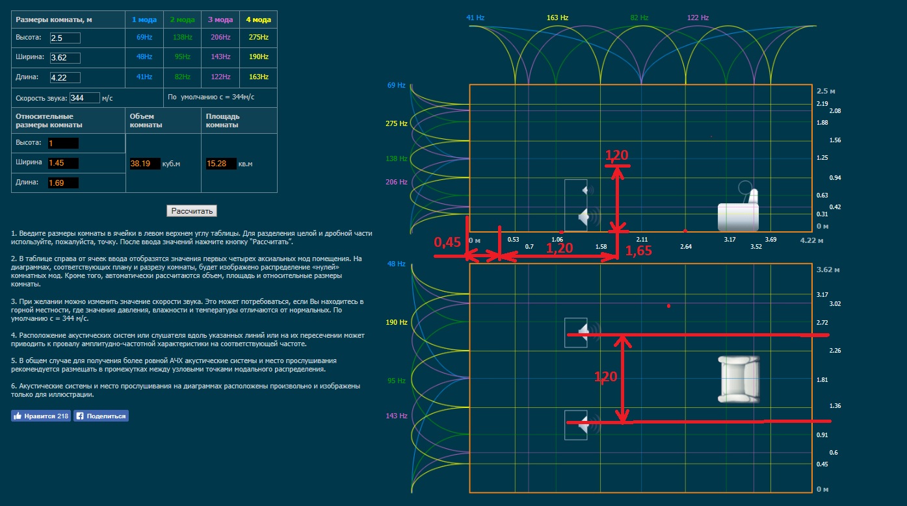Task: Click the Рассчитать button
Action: [x=191, y=211]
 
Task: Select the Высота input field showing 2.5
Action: [x=64, y=38]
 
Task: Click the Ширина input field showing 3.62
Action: [x=64, y=58]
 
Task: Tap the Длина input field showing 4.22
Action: [x=64, y=77]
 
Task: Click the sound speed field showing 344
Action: [x=84, y=98]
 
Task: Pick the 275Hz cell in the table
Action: [x=258, y=38]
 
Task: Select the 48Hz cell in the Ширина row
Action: [x=144, y=57]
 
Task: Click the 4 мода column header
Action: [x=258, y=19]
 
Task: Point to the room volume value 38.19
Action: [x=144, y=164]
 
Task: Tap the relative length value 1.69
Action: [x=63, y=183]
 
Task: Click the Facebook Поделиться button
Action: [x=101, y=416]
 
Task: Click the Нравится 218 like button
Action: [x=40, y=416]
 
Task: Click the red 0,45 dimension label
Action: [x=447, y=243]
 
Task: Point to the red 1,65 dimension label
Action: [x=638, y=252]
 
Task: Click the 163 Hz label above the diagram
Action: [x=557, y=18]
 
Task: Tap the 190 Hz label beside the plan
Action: [x=395, y=323]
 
